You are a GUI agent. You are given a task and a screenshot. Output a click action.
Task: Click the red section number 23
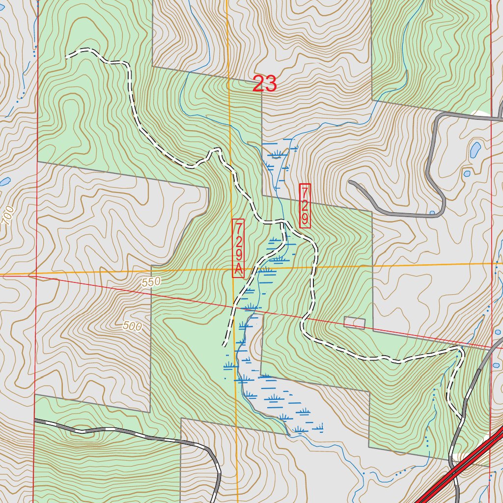tap(264, 84)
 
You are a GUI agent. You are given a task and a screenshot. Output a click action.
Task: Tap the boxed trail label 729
tap(305, 205)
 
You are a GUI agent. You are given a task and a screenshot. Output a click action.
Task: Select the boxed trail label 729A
tap(238, 248)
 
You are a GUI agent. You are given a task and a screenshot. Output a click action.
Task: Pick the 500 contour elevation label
tap(132, 325)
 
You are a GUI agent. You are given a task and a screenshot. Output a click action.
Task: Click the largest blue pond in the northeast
tap(475, 150)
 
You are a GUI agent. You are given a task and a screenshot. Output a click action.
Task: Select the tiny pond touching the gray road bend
tap(432, 213)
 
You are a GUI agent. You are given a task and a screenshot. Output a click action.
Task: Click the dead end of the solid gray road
tap(350, 182)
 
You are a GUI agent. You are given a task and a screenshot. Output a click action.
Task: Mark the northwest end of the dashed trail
tap(66, 56)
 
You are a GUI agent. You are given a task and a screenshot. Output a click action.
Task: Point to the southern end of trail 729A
tap(225, 345)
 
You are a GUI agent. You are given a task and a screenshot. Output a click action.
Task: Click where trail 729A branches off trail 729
tap(283, 224)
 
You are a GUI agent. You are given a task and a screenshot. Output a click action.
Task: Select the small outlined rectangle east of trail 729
tap(354, 323)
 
